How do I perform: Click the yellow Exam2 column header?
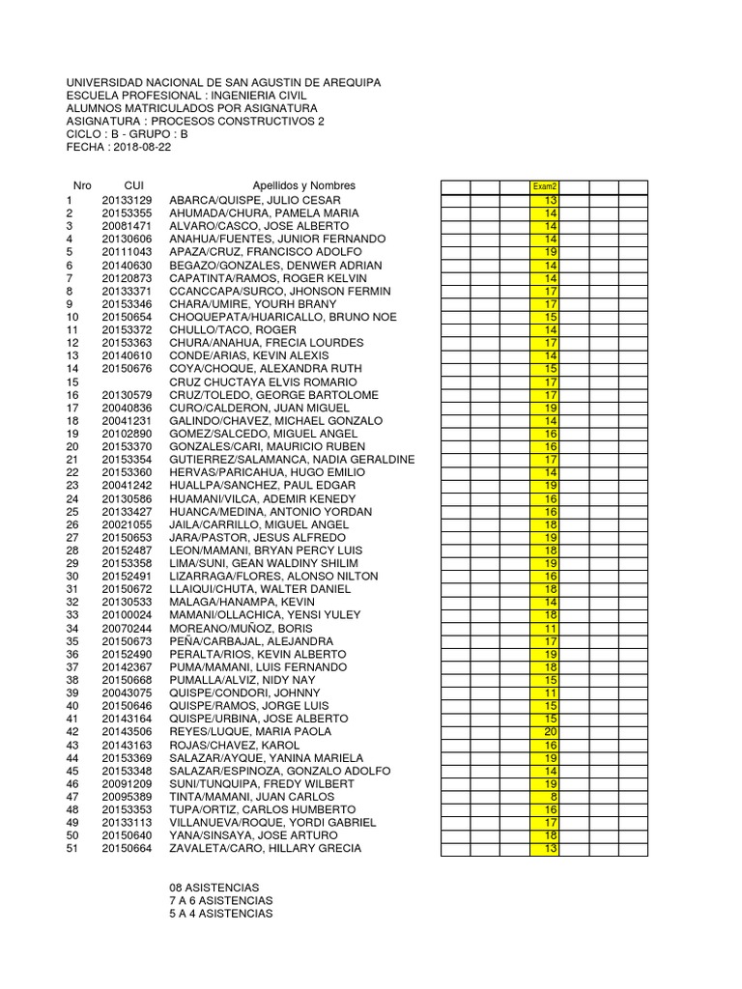tap(546, 186)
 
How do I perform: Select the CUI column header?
tap(133, 185)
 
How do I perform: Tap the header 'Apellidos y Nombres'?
tap(303, 185)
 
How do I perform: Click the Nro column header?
tap(82, 185)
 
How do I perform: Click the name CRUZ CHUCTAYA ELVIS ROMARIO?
tap(257, 381)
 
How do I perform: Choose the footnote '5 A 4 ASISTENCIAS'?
tap(220, 913)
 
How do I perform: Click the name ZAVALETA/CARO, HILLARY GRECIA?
tap(266, 848)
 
